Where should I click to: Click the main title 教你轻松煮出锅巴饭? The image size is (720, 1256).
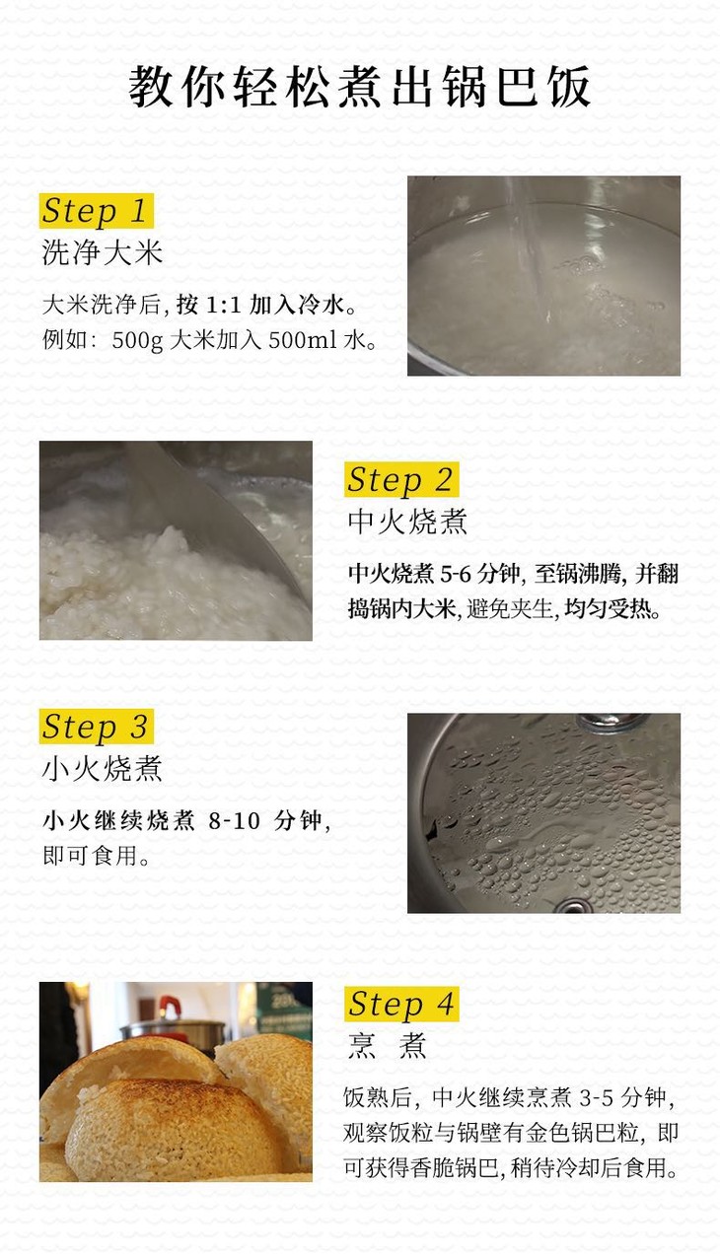click(x=359, y=87)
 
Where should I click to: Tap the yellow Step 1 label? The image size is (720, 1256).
click(x=96, y=211)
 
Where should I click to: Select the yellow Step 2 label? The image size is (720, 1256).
click(x=401, y=479)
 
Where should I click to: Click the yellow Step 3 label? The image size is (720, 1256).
click(x=96, y=727)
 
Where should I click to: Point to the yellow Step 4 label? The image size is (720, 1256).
click(x=401, y=1004)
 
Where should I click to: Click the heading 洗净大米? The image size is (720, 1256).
click(x=102, y=253)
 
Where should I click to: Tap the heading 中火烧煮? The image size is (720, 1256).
click(x=407, y=522)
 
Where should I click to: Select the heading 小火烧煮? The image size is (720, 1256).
click(x=102, y=768)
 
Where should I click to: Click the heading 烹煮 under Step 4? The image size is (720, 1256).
click(x=388, y=1046)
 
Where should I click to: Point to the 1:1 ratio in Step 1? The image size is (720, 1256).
click(x=224, y=305)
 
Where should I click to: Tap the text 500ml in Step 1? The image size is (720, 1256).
click(x=303, y=340)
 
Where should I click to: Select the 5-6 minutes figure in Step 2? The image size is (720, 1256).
click(x=456, y=574)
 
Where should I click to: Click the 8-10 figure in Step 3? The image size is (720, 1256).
click(x=235, y=821)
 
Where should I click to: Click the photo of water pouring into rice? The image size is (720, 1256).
click(x=543, y=275)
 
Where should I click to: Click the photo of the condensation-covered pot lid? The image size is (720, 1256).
click(x=543, y=813)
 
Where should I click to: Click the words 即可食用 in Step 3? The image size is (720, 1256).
click(x=90, y=856)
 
